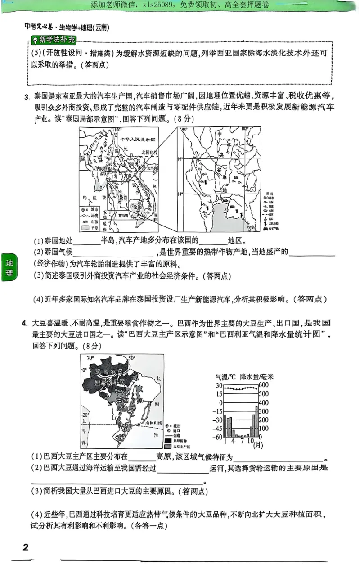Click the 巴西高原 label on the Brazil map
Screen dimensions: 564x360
coord(130,400)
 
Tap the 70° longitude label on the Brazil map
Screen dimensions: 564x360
coord(90,358)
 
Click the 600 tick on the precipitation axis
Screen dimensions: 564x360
coord(264,385)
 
